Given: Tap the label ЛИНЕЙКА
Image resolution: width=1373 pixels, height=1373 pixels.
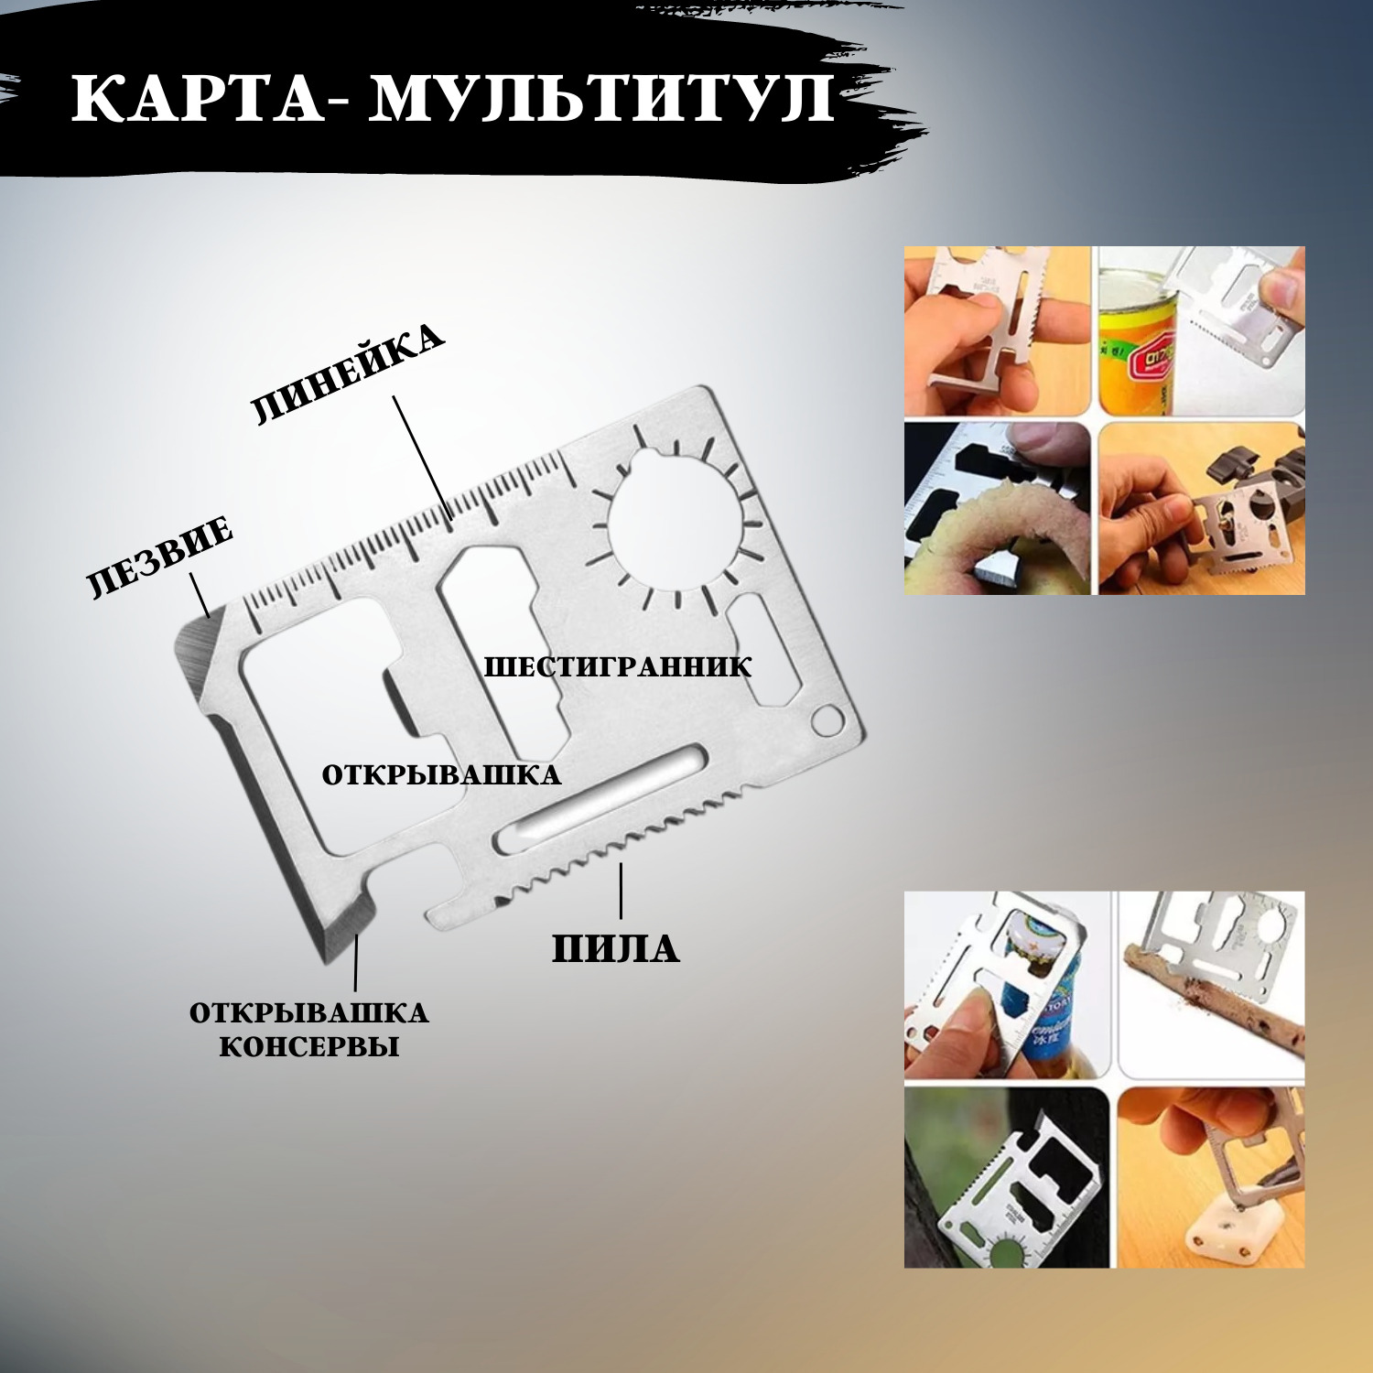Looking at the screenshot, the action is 349,373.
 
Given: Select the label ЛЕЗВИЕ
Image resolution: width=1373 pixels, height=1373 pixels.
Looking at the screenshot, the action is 160,557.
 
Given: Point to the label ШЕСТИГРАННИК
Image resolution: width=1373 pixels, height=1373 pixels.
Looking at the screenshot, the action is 618,666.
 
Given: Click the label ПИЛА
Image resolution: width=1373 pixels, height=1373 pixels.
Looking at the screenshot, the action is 616,948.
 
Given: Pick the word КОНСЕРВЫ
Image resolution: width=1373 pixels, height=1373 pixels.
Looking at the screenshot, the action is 309,1046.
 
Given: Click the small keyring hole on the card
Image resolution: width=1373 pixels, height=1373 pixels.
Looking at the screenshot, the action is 827,719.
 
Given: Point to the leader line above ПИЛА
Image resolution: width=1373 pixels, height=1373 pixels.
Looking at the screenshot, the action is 621,891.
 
